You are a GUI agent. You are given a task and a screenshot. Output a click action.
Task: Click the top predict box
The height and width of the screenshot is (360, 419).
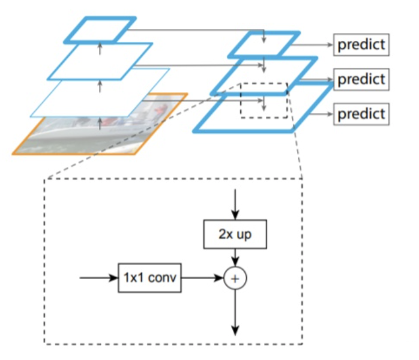(361, 44)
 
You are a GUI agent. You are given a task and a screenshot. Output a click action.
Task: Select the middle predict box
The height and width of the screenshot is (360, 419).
(361, 79)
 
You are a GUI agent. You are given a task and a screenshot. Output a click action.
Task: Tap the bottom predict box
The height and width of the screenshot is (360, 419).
(361, 113)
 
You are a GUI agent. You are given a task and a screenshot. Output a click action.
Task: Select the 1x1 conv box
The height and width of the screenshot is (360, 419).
(149, 278)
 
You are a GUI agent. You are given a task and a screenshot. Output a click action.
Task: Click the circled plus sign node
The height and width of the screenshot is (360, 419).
(235, 278)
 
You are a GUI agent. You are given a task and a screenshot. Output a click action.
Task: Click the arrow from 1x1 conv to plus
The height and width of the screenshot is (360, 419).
(202, 278)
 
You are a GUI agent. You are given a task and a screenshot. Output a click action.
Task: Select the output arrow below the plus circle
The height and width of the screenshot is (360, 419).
(235, 312)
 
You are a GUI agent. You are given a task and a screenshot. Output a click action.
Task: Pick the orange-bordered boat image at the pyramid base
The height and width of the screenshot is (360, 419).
(54, 138)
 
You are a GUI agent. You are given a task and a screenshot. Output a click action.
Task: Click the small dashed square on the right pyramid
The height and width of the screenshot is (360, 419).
(264, 100)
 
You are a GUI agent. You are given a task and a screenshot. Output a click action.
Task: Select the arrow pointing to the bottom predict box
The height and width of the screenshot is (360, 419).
(318, 113)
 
